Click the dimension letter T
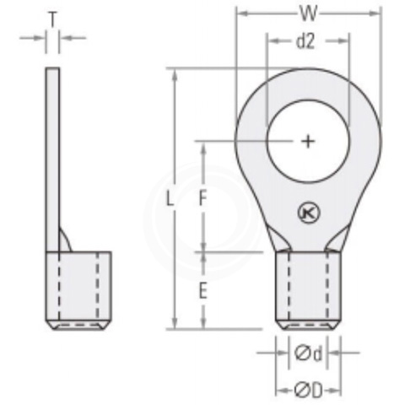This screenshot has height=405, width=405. [x=53, y=18]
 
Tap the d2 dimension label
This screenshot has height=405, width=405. [x=306, y=41]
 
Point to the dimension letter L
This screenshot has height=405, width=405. [x=170, y=200]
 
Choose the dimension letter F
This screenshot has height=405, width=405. [x=202, y=199]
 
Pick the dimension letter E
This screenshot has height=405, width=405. [x=202, y=291]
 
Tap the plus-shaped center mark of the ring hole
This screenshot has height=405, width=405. [x=308, y=141]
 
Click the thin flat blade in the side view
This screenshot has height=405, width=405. [x=53, y=152]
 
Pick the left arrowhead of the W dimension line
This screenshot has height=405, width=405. [x=240, y=14]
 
